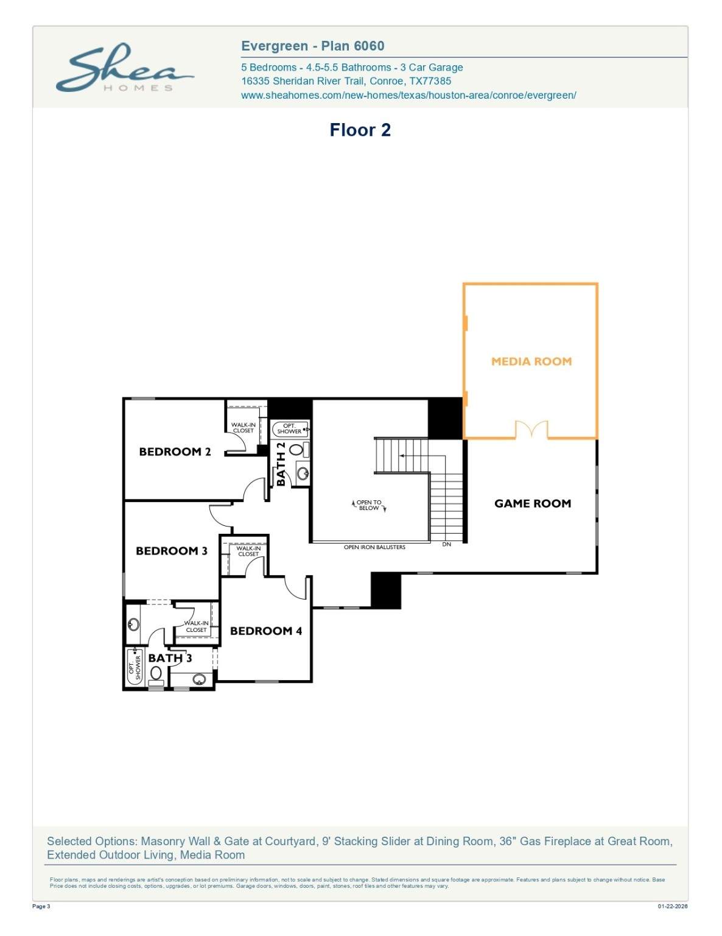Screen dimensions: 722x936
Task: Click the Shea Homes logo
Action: pyautogui.click(x=125, y=68)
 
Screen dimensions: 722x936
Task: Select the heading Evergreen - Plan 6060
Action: pyautogui.click(x=312, y=46)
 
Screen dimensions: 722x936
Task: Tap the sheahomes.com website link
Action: pyautogui.click(x=408, y=95)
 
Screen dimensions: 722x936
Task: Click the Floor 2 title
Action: pyautogui.click(x=360, y=130)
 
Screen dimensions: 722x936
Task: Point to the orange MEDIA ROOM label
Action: pyautogui.click(x=531, y=361)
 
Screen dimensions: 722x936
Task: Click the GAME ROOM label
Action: pyautogui.click(x=533, y=503)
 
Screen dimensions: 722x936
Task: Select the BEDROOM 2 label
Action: pyautogui.click(x=175, y=452)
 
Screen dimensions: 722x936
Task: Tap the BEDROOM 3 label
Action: pyautogui.click(x=172, y=550)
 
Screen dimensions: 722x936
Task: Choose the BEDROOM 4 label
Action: pyautogui.click(x=266, y=631)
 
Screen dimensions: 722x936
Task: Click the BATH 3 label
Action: pyautogui.click(x=170, y=658)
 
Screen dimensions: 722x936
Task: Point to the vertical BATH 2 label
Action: pyautogui.click(x=281, y=464)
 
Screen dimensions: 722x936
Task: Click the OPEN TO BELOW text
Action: pyautogui.click(x=369, y=505)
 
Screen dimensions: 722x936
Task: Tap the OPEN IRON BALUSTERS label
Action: pyautogui.click(x=374, y=547)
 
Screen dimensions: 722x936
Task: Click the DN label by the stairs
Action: pyautogui.click(x=447, y=544)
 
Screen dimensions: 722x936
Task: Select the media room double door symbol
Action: pyautogui.click(x=531, y=429)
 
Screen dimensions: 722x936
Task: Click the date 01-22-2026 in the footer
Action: pyautogui.click(x=673, y=906)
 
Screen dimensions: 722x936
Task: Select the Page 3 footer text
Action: pyautogui.click(x=41, y=906)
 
